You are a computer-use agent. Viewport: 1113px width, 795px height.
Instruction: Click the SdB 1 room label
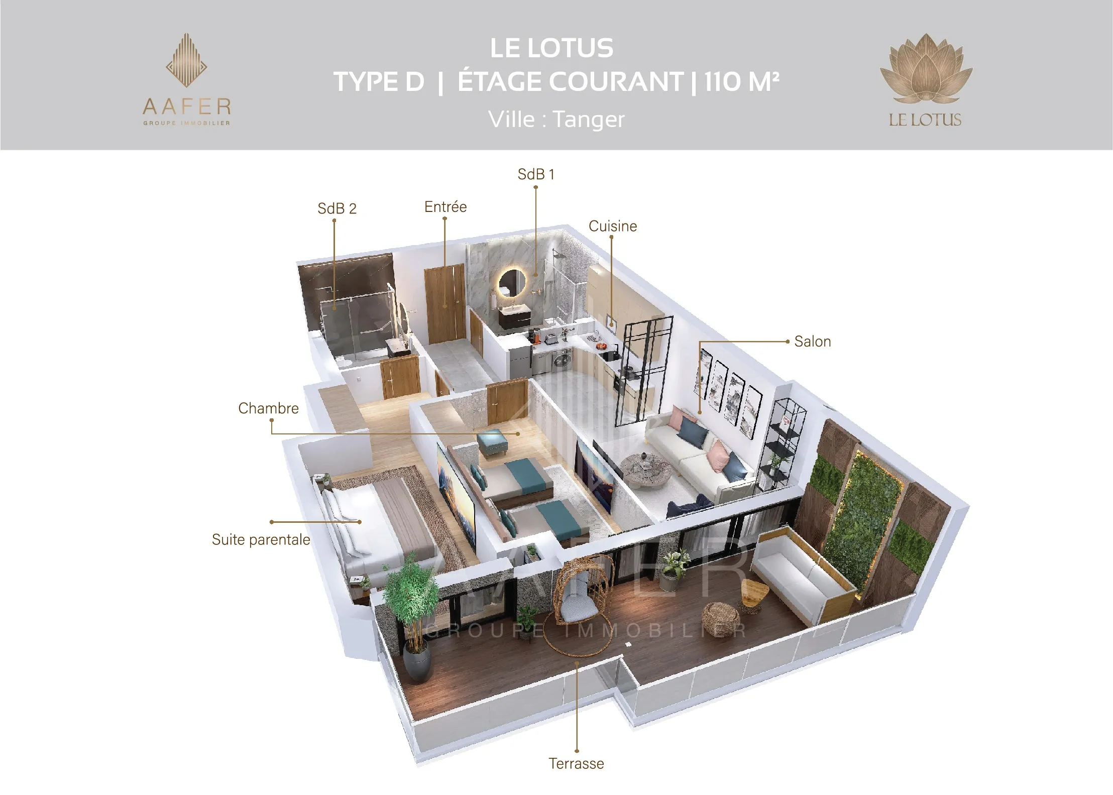tap(536, 174)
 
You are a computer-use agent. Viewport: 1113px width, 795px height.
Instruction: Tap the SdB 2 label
tap(337, 208)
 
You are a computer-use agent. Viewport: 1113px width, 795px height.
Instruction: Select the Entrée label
tap(446, 206)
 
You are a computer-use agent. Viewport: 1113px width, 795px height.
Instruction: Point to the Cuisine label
tap(613, 226)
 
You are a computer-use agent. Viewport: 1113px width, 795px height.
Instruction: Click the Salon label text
tap(813, 342)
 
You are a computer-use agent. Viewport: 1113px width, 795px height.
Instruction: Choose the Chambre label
tap(268, 408)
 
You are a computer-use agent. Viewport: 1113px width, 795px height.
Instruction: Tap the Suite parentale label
tap(261, 539)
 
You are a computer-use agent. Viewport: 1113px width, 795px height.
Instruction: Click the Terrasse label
tap(576, 763)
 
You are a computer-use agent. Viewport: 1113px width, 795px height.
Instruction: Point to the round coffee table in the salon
tap(648, 470)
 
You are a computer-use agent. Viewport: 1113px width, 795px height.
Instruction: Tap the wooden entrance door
tap(446, 304)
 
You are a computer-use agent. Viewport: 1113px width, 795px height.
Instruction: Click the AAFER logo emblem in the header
tap(187, 60)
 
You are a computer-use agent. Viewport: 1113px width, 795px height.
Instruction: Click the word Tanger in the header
tap(589, 120)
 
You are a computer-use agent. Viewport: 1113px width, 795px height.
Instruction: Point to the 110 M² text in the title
tap(742, 81)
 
